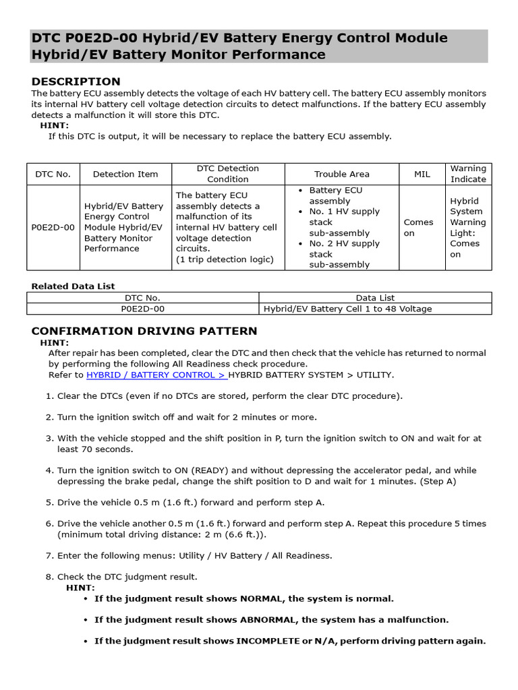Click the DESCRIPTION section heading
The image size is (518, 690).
76,82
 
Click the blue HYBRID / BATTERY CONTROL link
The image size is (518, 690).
156,375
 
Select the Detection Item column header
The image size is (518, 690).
125,174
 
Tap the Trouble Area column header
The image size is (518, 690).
342,174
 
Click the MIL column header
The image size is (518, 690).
422,174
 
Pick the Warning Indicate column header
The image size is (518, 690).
468,174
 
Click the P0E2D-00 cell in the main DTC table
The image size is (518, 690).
53,227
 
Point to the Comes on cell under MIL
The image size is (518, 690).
418,228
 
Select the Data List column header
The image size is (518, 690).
375,297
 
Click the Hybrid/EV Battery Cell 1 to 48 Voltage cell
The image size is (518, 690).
347,309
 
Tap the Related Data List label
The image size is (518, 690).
73,286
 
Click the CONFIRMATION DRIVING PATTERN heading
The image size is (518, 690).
144,331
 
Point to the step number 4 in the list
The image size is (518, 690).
49,470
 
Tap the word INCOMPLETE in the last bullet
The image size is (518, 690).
268,641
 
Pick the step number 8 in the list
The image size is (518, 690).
49,577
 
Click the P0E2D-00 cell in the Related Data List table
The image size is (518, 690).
142,309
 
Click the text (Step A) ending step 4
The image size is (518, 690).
438,481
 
